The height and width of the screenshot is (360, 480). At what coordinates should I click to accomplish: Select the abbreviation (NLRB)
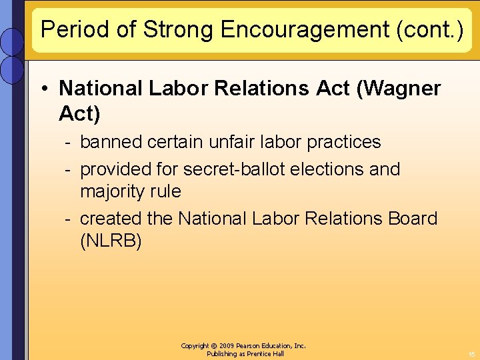click(x=111, y=241)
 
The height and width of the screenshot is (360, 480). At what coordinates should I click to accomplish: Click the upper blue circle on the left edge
click(x=11, y=41)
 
